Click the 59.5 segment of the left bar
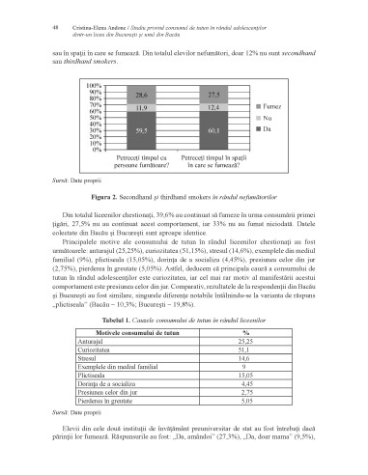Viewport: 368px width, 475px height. [142, 128]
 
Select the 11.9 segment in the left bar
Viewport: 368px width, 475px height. [142, 108]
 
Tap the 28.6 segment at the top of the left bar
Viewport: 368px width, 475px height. [142, 96]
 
